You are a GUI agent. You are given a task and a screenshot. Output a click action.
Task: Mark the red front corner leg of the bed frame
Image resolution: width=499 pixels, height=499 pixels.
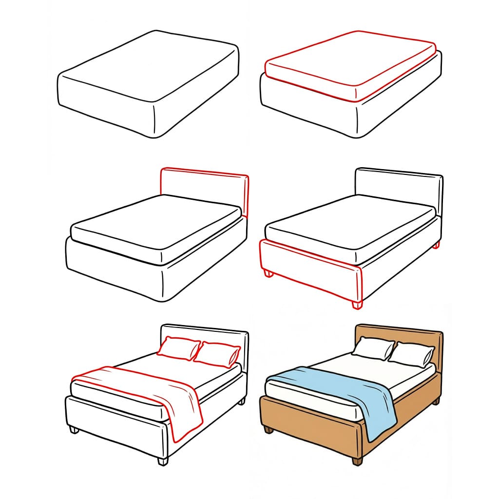pos(357,305)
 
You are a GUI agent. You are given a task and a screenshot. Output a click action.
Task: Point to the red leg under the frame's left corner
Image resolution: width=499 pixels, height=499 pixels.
pos(268,274)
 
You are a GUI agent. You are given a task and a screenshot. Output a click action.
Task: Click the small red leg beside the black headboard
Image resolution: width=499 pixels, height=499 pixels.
pos(436,245)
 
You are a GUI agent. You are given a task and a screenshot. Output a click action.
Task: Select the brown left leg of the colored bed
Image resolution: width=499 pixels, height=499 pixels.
pos(268,430)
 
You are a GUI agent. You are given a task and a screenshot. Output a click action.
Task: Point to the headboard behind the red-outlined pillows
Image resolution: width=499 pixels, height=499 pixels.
pos(205,336)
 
